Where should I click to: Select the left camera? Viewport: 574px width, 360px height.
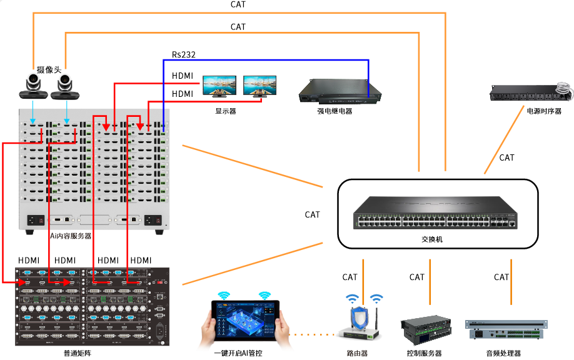(x=33, y=86)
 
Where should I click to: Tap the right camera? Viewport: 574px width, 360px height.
(x=66, y=87)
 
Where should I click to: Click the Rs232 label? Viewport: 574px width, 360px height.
(x=184, y=55)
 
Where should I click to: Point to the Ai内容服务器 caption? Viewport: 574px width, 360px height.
(x=71, y=236)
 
